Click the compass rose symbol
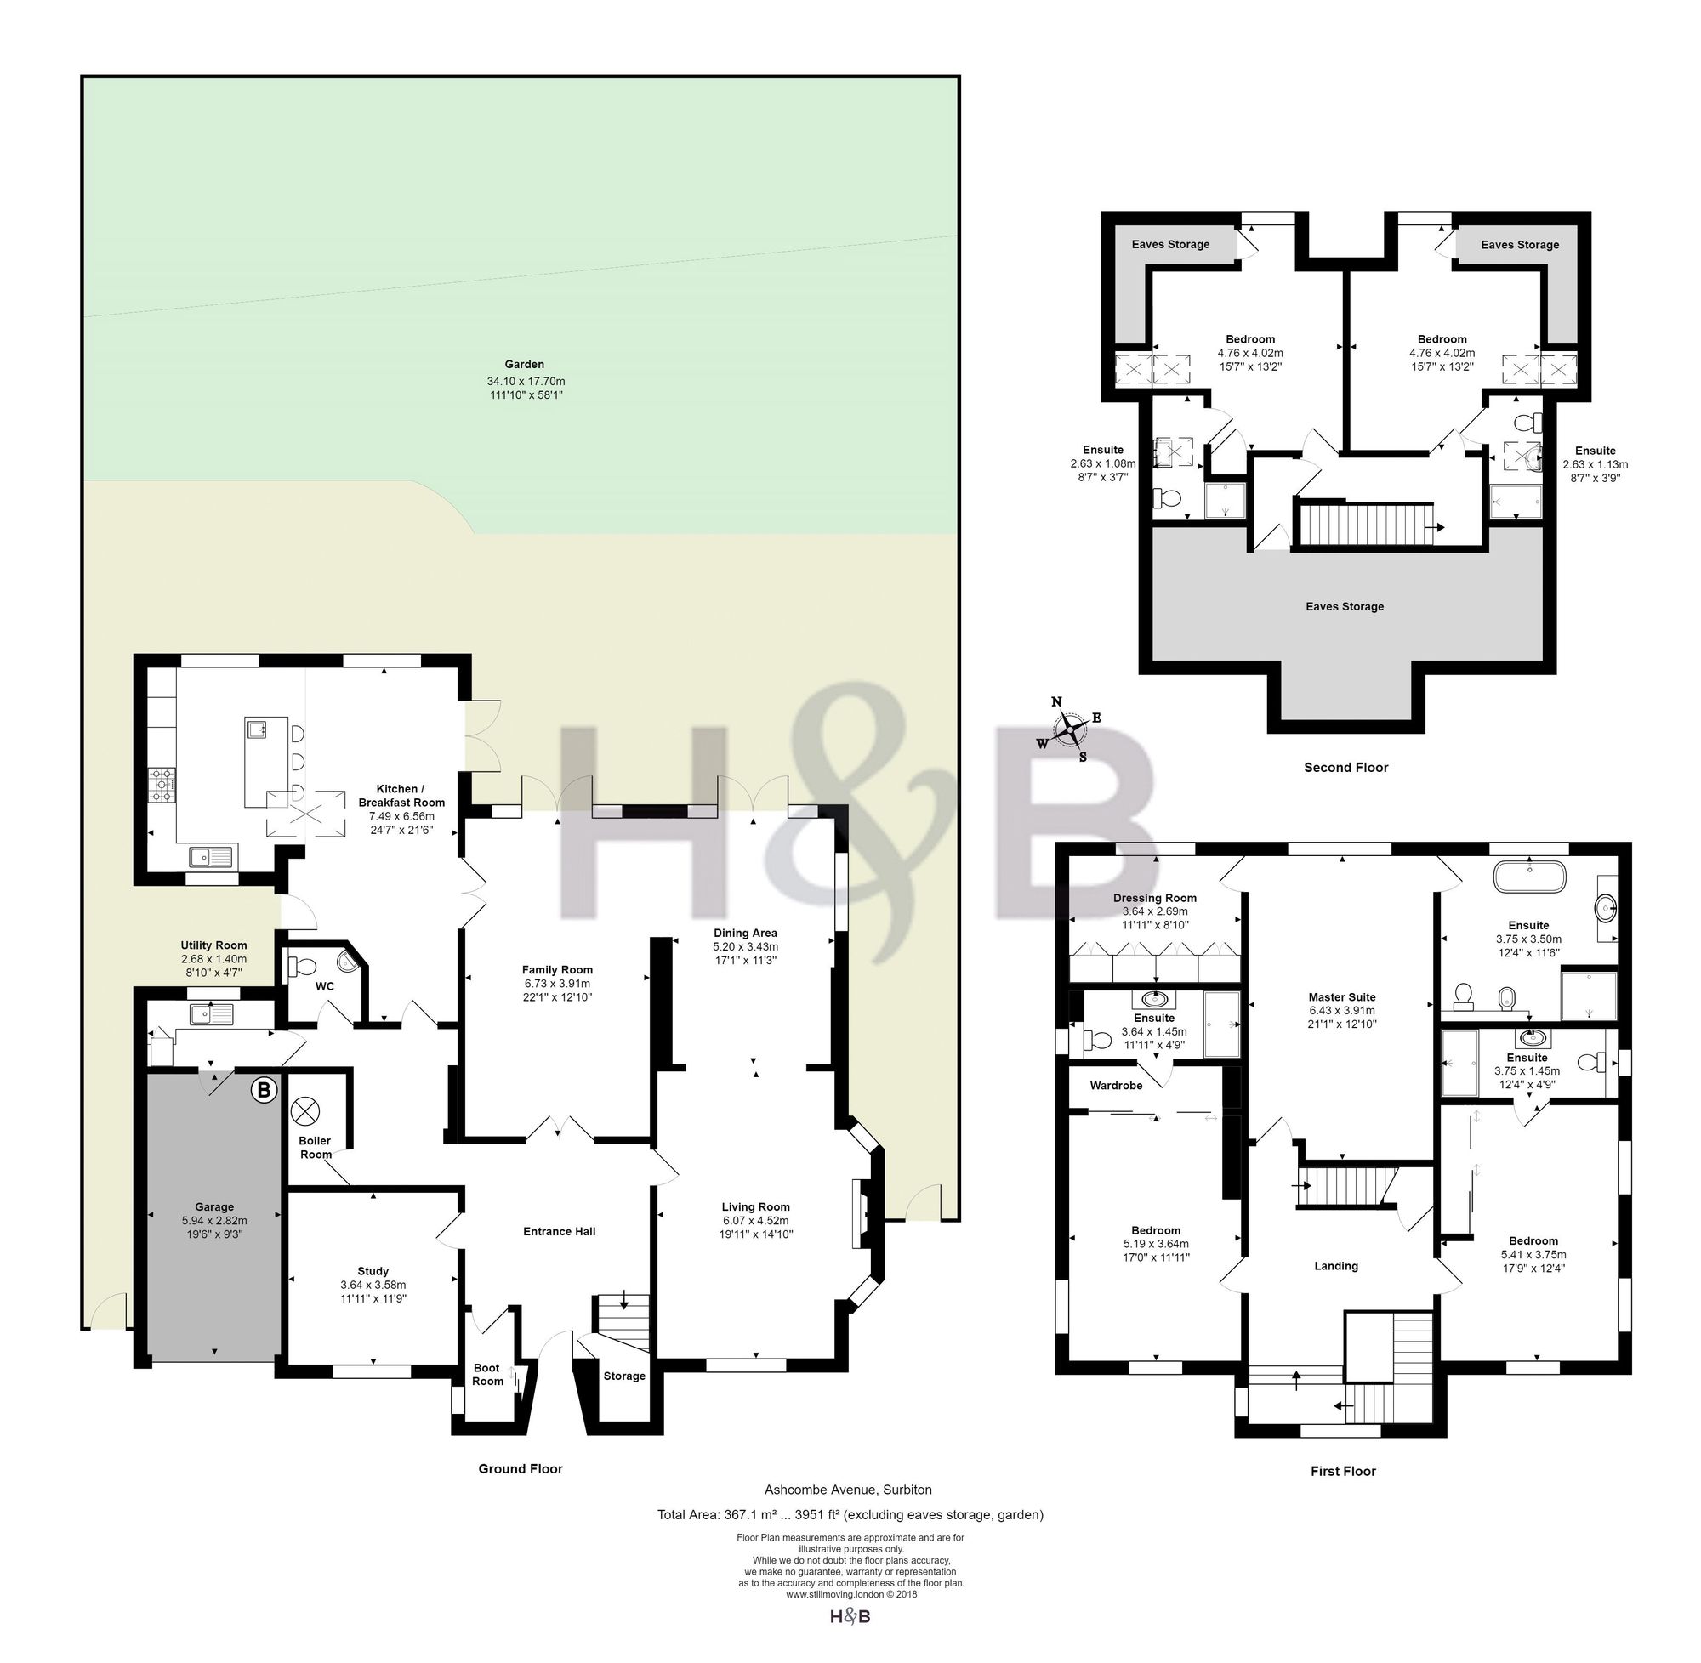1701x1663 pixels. [1068, 729]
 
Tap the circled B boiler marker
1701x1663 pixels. [264, 1090]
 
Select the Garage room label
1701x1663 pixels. [214, 1207]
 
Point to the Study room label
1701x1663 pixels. [373, 1271]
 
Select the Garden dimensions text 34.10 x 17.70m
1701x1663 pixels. [526, 381]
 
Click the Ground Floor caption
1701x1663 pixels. [521, 1468]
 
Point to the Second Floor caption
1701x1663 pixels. [1345, 767]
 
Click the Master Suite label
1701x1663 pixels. [1342, 996]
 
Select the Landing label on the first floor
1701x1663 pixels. [1336, 1266]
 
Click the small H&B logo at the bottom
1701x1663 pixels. [849, 1617]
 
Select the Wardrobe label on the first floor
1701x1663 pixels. [1116, 1086]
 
